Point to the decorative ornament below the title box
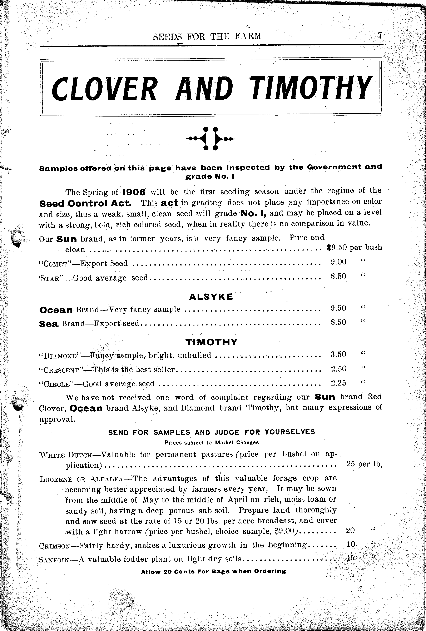point(211,138)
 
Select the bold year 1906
point(134,192)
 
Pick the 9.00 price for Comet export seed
point(338,262)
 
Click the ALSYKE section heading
point(211,297)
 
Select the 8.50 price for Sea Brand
point(338,322)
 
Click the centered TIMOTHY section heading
point(211,342)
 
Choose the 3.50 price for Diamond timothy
point(338,354)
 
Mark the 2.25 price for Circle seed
point(338,383)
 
